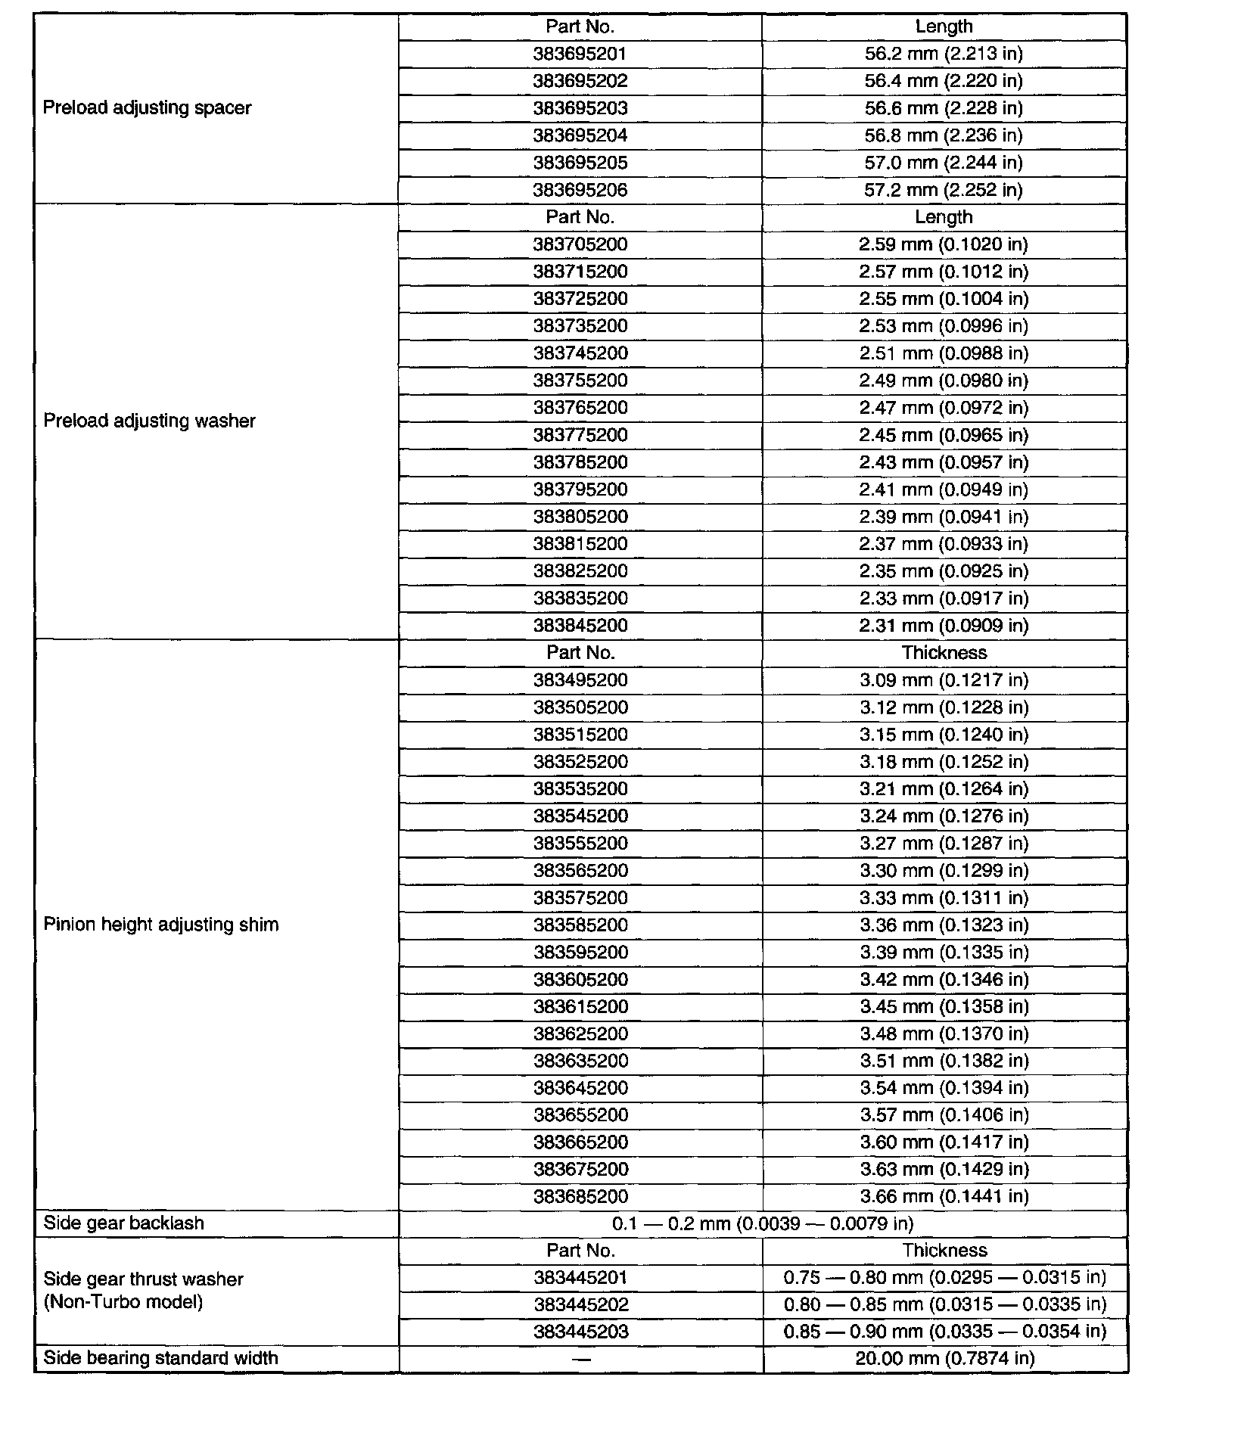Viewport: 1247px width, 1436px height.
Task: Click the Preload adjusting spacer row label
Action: (147, 107)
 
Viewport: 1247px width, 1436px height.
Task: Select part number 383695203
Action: (580, 108)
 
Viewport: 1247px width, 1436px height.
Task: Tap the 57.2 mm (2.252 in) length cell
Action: (944, 190)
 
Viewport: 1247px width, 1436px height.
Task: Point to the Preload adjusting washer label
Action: (149, 421)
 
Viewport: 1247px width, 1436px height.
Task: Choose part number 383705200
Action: (580, 244)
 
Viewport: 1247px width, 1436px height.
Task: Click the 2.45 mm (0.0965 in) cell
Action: (944, 435)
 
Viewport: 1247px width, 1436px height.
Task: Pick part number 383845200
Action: (580, 626)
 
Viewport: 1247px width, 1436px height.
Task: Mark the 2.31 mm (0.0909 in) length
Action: (944, 626)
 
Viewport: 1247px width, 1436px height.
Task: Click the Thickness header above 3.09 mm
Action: (944, 653)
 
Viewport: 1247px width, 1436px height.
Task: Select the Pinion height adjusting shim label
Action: (160, 925)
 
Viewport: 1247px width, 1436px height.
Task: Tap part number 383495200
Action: (580, 680)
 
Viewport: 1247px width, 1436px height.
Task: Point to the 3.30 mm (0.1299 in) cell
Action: (944, 871)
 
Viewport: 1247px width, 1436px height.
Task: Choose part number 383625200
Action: (580, 1034)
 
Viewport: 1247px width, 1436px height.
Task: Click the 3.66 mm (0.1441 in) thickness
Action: (944, 1196)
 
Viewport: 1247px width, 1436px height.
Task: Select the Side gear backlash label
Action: (123, 1223)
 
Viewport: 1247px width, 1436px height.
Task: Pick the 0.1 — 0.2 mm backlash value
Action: (763, 1223)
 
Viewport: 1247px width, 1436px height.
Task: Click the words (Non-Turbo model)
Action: (123, 1302)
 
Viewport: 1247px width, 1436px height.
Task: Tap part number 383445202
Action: (580, 1304)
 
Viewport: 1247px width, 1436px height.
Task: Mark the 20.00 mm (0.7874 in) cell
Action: (945, 1358)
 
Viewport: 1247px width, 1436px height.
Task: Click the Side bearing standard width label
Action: (160, 1358)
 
